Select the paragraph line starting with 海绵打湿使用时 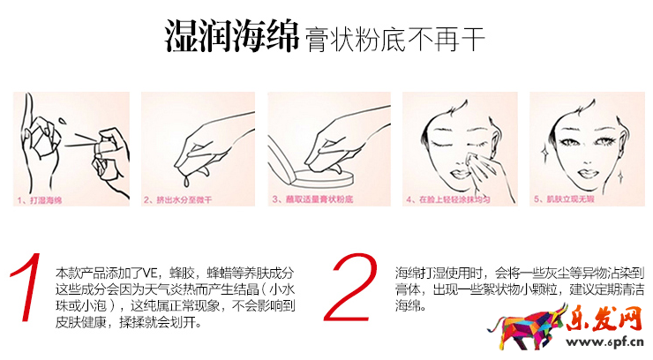coord(516,271)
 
